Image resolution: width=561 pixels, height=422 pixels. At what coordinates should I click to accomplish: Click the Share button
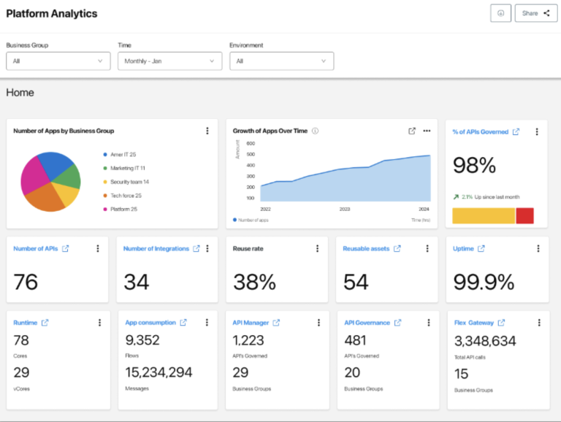(535, 13)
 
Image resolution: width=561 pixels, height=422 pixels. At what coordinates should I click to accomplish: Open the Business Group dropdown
(58, 61)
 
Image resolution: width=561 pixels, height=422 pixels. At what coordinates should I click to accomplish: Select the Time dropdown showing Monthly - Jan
(169, 61)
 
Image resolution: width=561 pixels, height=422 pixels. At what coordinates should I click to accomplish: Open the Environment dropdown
(281, 61)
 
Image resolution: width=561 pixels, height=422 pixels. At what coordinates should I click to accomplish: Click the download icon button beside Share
(500, 13)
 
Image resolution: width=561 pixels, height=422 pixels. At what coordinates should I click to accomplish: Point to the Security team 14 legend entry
(129, 182)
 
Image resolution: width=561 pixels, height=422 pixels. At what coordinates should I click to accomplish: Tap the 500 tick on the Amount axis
(251, 154)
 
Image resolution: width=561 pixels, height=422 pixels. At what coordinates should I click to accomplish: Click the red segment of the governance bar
(524, 215)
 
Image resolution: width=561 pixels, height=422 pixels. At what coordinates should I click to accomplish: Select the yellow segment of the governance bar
(484, 215)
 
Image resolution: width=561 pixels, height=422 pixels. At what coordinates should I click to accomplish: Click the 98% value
(474, 166)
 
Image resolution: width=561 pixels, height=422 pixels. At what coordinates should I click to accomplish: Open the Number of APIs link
(36, 249)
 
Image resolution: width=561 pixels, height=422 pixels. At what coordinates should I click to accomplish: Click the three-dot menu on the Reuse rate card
(317, 249)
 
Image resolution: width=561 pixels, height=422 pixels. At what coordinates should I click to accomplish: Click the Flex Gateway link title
(474, 323)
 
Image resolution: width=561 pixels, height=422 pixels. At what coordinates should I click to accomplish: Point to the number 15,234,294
(159, 372)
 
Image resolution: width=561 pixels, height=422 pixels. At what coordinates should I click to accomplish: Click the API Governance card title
(367, 323)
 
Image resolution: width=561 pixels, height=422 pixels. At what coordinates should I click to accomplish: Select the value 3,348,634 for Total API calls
(485, 341)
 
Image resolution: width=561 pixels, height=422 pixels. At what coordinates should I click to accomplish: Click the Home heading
(20, 93)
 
